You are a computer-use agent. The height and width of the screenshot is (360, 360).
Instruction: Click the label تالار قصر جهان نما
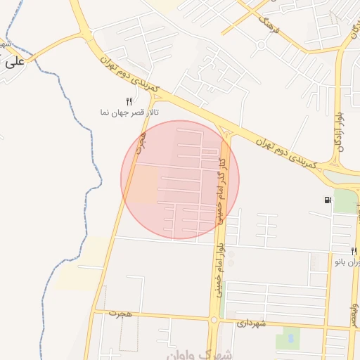(129, 112)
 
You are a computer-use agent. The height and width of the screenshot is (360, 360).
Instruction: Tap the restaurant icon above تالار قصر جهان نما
(129, 101)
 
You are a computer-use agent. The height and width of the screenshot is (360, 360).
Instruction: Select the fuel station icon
(328, 200)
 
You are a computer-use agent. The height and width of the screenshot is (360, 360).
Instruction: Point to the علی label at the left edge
(14, 62)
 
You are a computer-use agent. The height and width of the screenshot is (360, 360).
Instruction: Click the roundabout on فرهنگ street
(261, 46)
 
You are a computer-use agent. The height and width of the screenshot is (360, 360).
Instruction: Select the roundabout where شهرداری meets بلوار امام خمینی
(213, 320)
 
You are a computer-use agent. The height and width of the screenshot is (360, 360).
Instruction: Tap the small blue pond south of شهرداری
(287, 341)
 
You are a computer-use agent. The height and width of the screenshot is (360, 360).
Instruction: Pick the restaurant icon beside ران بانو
(354, 250)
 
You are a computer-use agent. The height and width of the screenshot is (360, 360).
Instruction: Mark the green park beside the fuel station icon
(345, 202)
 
